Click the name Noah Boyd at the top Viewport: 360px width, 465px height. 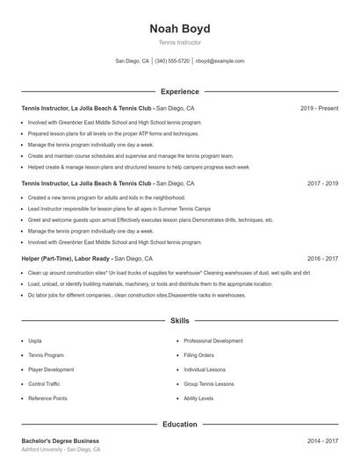click(179, 29)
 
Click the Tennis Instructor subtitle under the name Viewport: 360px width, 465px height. click(179, 42)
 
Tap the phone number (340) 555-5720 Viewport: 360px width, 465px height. click(172, 61)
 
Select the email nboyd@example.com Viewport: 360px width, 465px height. click(220, 61)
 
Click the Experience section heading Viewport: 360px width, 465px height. click(179, 91)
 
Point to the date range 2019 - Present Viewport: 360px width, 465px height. click(319, 108)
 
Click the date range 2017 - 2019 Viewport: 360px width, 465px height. click(322, 183)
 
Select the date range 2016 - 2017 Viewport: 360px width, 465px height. click(322, 259)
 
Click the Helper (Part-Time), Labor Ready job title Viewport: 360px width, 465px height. click(66, 259)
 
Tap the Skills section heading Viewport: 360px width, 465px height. click(179, 322)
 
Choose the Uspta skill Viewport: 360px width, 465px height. click(35, 340)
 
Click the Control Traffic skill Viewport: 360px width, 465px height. click(44, 383)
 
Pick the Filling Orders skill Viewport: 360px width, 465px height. click(198, 354)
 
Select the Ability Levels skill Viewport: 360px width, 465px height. click(198, 398)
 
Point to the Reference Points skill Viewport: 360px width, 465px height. click(47, 398)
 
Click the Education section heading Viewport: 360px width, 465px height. click(179, 425)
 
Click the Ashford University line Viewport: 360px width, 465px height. click(61, 449)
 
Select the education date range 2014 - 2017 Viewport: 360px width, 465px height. click(322, 440)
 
